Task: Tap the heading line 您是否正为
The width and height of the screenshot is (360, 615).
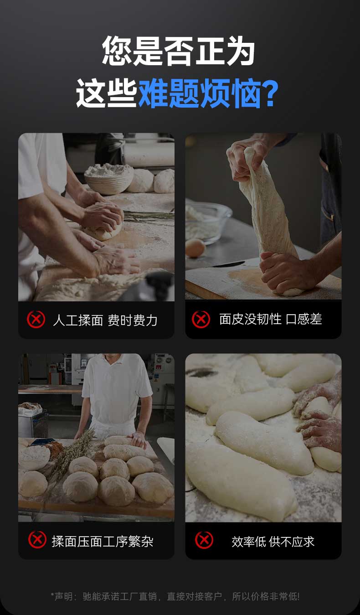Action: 178,51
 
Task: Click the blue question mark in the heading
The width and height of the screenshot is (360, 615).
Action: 271,93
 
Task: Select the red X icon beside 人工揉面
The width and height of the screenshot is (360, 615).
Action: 36,319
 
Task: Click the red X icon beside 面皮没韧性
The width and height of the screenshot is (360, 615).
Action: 201,319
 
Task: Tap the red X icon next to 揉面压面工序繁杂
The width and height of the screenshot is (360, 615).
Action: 37,540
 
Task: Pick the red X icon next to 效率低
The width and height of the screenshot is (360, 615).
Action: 204,540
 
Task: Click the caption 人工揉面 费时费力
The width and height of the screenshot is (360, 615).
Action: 105,320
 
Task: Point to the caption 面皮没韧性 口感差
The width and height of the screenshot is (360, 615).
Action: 270,319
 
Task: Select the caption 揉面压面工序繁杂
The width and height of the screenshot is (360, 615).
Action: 103,542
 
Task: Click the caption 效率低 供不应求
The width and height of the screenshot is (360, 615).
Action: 273,542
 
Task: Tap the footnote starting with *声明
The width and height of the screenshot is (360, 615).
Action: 175,596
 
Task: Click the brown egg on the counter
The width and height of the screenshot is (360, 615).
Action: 195,248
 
